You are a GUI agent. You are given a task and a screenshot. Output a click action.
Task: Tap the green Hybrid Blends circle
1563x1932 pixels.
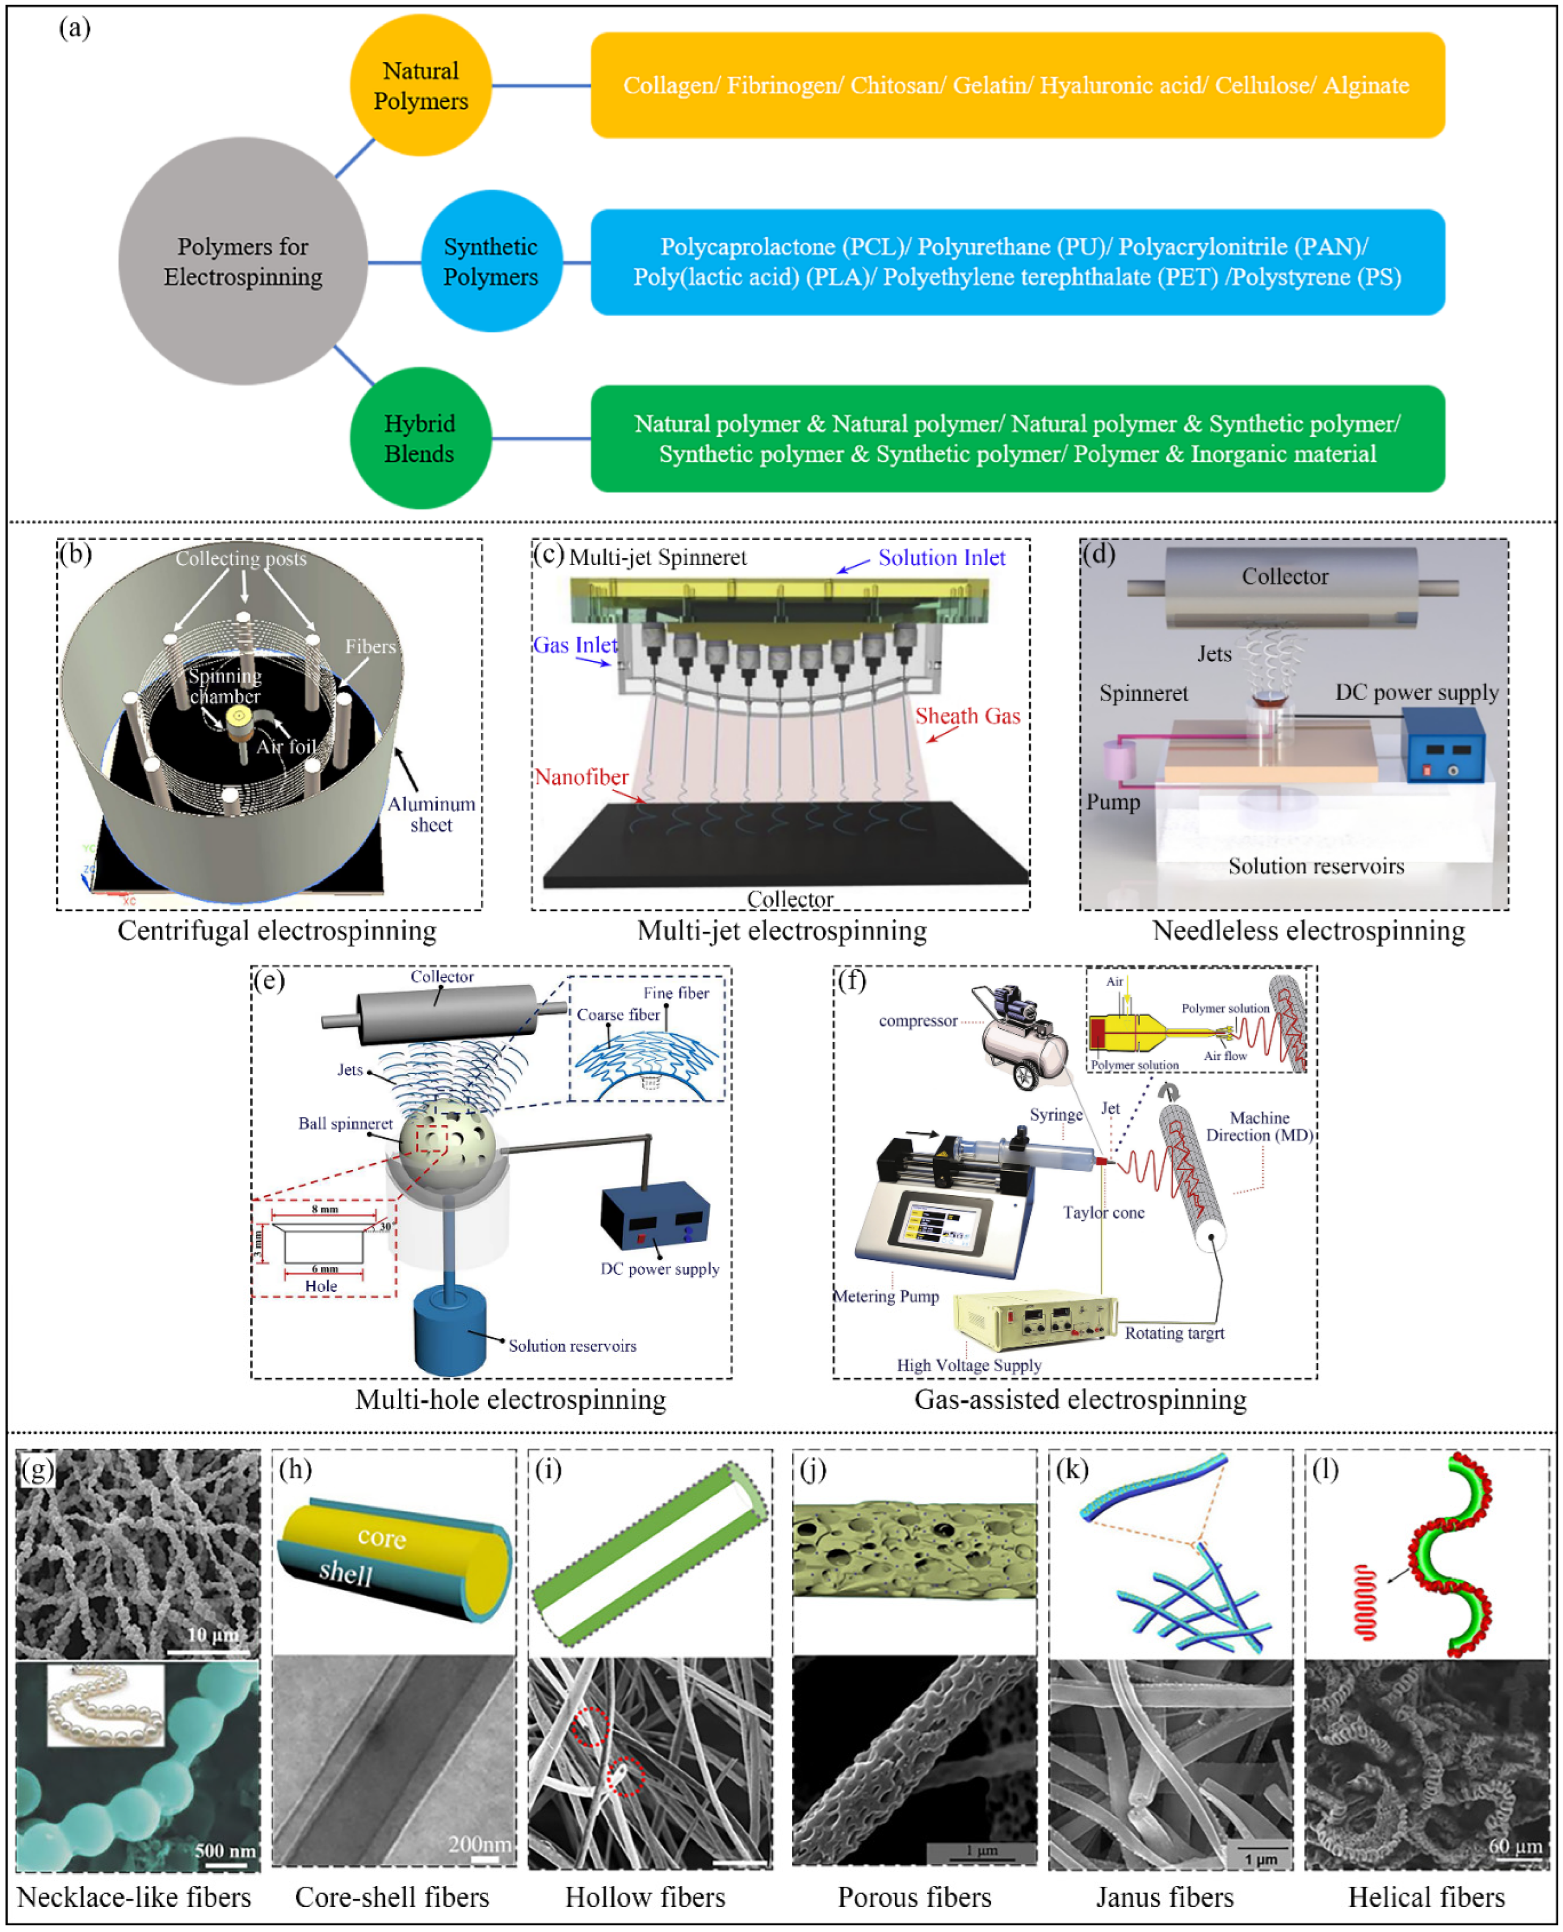point(419,439)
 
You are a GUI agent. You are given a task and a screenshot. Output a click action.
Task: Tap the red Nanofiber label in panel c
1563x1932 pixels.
point(582,776)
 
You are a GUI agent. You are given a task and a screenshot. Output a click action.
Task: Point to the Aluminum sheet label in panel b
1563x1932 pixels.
point(431,814)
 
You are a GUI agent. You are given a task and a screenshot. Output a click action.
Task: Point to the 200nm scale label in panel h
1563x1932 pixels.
point(479,1844)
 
